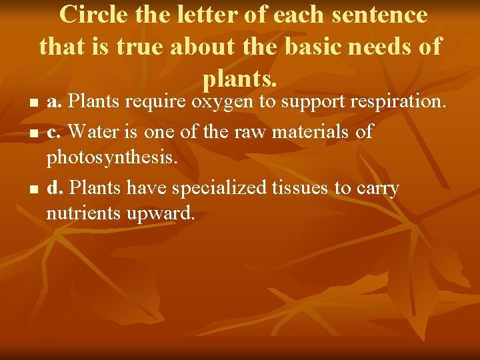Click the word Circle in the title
(x=91, y=15)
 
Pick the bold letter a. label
(x=55, y=102)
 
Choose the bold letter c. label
(x=55, y=131)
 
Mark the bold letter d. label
(x=55, y=189)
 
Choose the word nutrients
(x=84, y=213)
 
